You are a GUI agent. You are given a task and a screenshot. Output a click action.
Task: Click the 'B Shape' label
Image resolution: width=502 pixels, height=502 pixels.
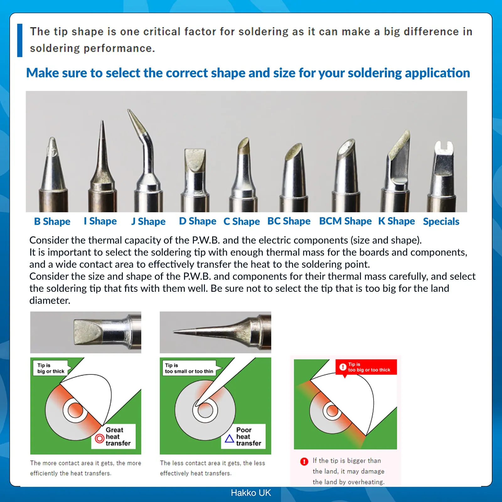click(x=52, y=222)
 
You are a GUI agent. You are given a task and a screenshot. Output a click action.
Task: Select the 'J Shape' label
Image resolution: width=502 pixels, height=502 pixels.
click(x=148, y=222)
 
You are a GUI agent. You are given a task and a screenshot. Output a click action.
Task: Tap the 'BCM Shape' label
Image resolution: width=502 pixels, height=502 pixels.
click(x=345, y=221)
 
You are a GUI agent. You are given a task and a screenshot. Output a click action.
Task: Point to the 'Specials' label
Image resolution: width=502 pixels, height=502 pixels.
click(x=441, y=222)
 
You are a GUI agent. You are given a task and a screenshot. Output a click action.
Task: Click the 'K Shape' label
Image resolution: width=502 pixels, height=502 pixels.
click(x=397, y=221)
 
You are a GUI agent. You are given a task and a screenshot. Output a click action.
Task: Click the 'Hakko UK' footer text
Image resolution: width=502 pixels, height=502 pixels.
click(x=251, y=493)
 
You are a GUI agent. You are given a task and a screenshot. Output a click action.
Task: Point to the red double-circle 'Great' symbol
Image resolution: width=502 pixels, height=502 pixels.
click(x=99, y=438)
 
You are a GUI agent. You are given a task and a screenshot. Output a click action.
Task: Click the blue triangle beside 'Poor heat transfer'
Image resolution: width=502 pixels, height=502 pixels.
click(x=229, y=438)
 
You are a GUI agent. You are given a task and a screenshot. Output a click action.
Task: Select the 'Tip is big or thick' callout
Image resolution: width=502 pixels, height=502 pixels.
click(x=51, y=368)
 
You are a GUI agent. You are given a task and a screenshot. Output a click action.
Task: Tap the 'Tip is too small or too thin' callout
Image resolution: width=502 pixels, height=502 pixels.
click(x=189, y=368)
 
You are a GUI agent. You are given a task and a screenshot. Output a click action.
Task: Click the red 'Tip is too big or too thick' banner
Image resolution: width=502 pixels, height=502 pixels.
click(x=366, y=367)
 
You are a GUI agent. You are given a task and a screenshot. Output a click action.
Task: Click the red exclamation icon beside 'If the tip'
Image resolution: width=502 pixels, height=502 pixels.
click(x=304, y=462)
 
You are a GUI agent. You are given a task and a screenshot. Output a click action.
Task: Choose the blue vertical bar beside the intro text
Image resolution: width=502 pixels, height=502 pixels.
click(x=20, y=40)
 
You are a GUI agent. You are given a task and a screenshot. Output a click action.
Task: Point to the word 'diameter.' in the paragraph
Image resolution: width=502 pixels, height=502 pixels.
click(x=50, y=301)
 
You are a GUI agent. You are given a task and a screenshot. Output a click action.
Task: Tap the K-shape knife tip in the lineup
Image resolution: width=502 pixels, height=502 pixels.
click(x=396, y=173)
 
